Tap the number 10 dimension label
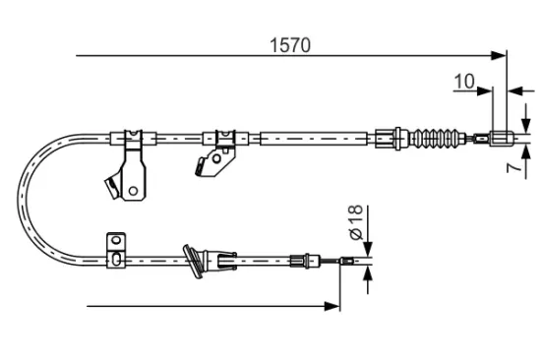pos(463,82)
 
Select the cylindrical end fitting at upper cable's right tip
pos(500,137)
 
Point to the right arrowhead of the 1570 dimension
pos(501,56)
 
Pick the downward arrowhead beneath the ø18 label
pos(366,250)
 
